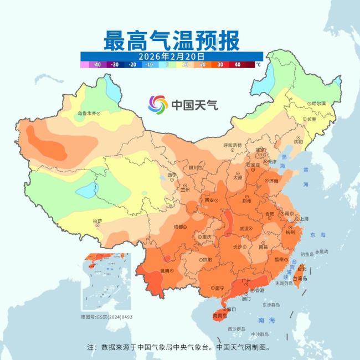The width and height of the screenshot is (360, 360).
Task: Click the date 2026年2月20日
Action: coord(172,56)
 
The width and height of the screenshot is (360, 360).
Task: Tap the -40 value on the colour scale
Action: coord(97,65)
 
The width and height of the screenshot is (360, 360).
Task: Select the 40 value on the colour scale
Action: coord(237,65)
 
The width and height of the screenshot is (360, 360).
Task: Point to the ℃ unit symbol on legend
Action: coord(258,65)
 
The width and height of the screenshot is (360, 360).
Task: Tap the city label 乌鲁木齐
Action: coord(89,113)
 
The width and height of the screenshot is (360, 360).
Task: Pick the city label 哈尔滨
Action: coord(318,104)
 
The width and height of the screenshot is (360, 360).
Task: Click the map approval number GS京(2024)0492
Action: coord(107,317)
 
